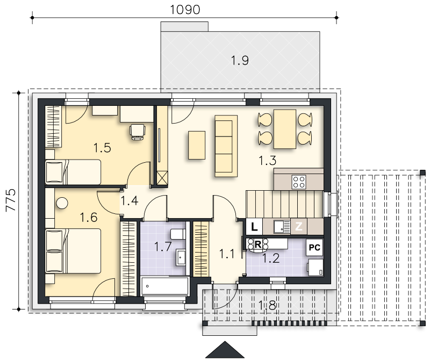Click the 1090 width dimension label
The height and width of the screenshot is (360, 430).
(x=185, y=10)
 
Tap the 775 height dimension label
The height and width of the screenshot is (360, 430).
(x=11, y=199)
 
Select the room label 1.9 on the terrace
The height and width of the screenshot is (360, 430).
(x=240, y=60)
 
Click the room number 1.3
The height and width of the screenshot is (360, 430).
(x=267, y=161)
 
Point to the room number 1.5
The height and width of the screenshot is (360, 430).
(x=102, y=148)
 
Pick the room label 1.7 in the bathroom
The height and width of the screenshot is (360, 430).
(x=163, y=247)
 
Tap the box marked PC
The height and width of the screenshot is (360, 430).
(x=314, y=247)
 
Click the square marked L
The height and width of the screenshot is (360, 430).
(x=254, y=227)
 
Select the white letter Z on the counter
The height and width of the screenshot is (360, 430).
(x=299, y=226)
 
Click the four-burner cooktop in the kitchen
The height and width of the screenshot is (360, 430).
(x=299, y=182)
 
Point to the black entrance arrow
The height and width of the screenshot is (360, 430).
(x=225, y=350)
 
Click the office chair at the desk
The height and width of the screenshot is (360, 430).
(x=138, y=132)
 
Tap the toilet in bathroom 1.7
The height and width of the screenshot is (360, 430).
(x=178, y=234)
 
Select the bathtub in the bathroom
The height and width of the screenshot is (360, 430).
(x=165, y=286)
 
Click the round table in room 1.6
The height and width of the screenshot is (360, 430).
(x=62, y=203)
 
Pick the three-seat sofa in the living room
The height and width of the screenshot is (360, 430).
(x=226, y=146)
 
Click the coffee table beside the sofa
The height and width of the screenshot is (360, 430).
(x=197, y=145)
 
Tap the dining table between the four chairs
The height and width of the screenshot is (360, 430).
(x=285, y=129)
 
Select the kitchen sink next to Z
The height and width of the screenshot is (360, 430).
(x=282, y=227)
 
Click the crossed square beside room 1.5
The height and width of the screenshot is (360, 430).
(x=162, y=178)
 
